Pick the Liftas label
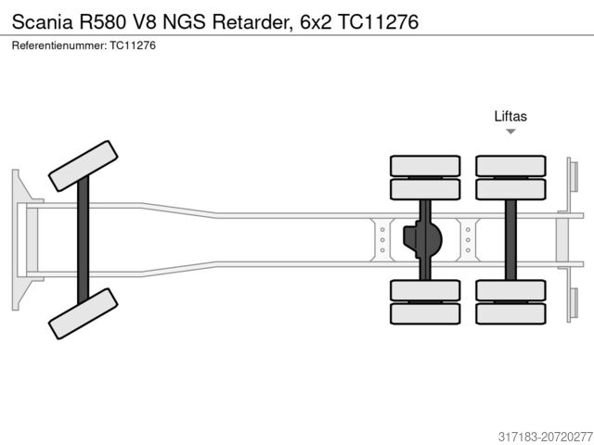coord(510,116)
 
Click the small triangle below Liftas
coord(510,133)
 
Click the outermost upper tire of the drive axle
coord(425,166)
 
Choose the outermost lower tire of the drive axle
coord(425,313)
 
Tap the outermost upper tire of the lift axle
coord(510,166)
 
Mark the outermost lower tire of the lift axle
coord(510,313)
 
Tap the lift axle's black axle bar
coord(510,239)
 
